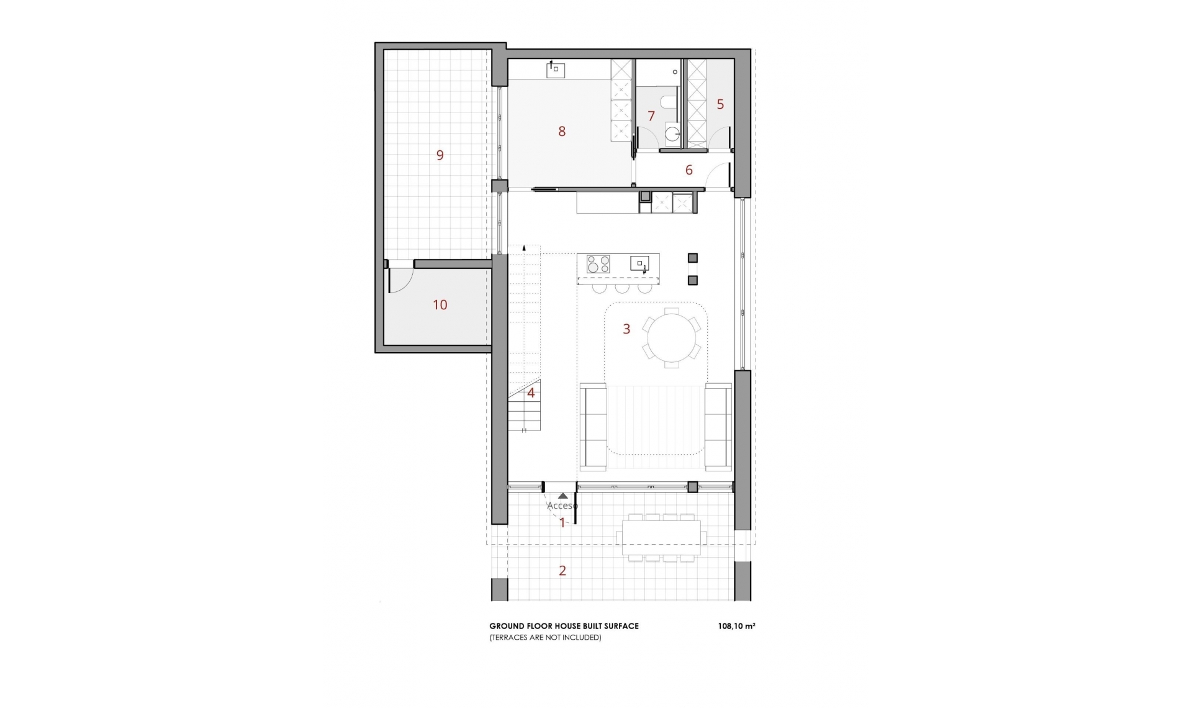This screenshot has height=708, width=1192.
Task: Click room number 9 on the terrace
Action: [x=440, y=155]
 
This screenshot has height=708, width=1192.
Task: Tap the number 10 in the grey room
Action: [x=440, y=305]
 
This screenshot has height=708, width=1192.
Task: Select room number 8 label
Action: [x=562, y=132]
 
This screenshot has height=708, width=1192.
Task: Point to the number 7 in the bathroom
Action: [x=651, y=116]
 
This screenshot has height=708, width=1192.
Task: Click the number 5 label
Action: [x=720, y=104]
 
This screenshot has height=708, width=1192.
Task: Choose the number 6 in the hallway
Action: [x=689, y=170]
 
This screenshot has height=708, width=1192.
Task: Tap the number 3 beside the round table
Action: [x=626, y=329]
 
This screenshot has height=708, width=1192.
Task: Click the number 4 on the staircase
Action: [x=531, y=393]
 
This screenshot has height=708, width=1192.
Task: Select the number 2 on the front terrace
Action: [x=562, y=571]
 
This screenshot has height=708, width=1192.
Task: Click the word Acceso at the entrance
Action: [x=562, y=506]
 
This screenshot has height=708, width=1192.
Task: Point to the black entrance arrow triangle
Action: [x=562, y=496]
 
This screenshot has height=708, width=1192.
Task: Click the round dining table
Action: [x=672, y=338]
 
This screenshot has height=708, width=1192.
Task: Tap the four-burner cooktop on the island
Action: [x=598, y=264]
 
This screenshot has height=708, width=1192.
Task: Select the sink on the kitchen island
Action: [x=639, y=263]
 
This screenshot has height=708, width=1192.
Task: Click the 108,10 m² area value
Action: [x=736, y=626]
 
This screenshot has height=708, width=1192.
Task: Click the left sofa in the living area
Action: [x=594, y=426]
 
